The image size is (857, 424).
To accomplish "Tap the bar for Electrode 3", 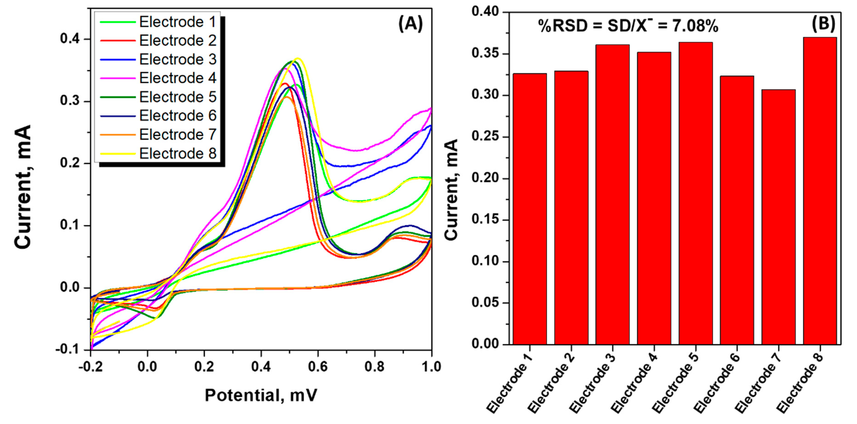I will [x=612, y=194].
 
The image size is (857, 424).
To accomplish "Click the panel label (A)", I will [x=411, y=24].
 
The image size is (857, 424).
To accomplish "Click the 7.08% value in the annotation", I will [x=695, y=26].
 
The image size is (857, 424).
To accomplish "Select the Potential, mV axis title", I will [x=261, y=395].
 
